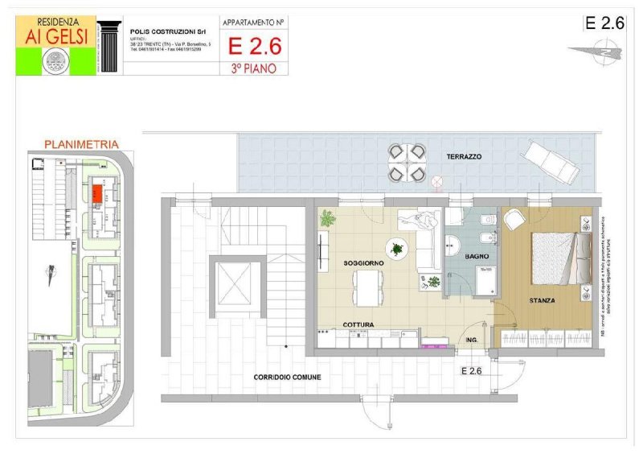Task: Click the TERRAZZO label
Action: pos(465,157)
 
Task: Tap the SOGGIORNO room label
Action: pos(363,263)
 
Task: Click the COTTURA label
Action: pos(358,324)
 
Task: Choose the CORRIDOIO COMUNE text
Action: pos(287,377)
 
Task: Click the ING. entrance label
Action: pos(473,340)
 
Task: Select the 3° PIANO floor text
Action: pos(253,68)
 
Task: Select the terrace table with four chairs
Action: pos(408,162)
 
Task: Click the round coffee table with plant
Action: pos(396,248)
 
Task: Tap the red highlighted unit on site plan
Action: pos(95,193)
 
